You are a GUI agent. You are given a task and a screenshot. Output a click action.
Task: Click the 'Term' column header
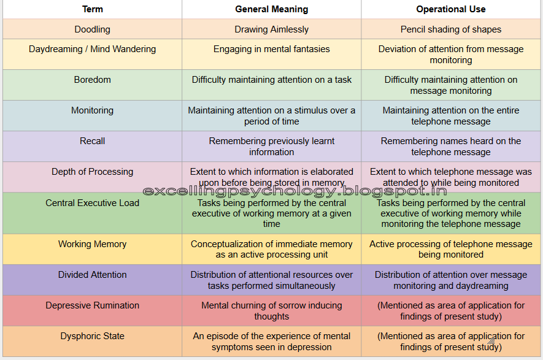click(92, 9)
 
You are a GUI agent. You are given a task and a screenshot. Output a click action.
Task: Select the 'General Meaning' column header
click(272, 9)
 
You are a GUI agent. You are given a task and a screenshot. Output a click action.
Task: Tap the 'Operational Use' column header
click(451, 9)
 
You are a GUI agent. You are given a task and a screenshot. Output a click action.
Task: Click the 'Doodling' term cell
click(92, 29)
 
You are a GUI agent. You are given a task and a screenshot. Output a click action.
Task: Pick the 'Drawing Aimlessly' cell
click(272, 29)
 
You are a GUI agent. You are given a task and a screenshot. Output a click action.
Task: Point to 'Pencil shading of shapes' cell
click(451, 29)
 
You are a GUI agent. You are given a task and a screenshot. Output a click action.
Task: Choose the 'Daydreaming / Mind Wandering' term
click(92, 49)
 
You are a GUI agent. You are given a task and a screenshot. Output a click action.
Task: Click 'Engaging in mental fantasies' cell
click(272, 49)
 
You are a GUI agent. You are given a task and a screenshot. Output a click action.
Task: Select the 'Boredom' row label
click(92, 80)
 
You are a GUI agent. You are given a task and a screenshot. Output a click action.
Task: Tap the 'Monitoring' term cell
click(92, 110)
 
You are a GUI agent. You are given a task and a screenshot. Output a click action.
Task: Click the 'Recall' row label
click(92, 141)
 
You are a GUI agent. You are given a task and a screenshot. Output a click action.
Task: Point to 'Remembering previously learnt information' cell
click(272, 147)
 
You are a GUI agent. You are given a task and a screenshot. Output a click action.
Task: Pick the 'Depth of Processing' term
click(92, 172)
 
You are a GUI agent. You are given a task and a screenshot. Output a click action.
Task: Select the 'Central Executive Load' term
click(92, 203)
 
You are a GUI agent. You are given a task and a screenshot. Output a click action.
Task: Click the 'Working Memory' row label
click(92, 244)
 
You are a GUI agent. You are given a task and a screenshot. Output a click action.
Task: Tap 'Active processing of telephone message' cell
click(451, 249)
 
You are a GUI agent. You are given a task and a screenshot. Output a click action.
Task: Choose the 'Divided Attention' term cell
click(92, 275)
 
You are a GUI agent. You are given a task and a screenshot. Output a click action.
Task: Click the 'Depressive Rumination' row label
click(92, 305)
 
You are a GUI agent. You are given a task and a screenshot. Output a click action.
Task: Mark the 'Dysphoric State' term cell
click(92, 336)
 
